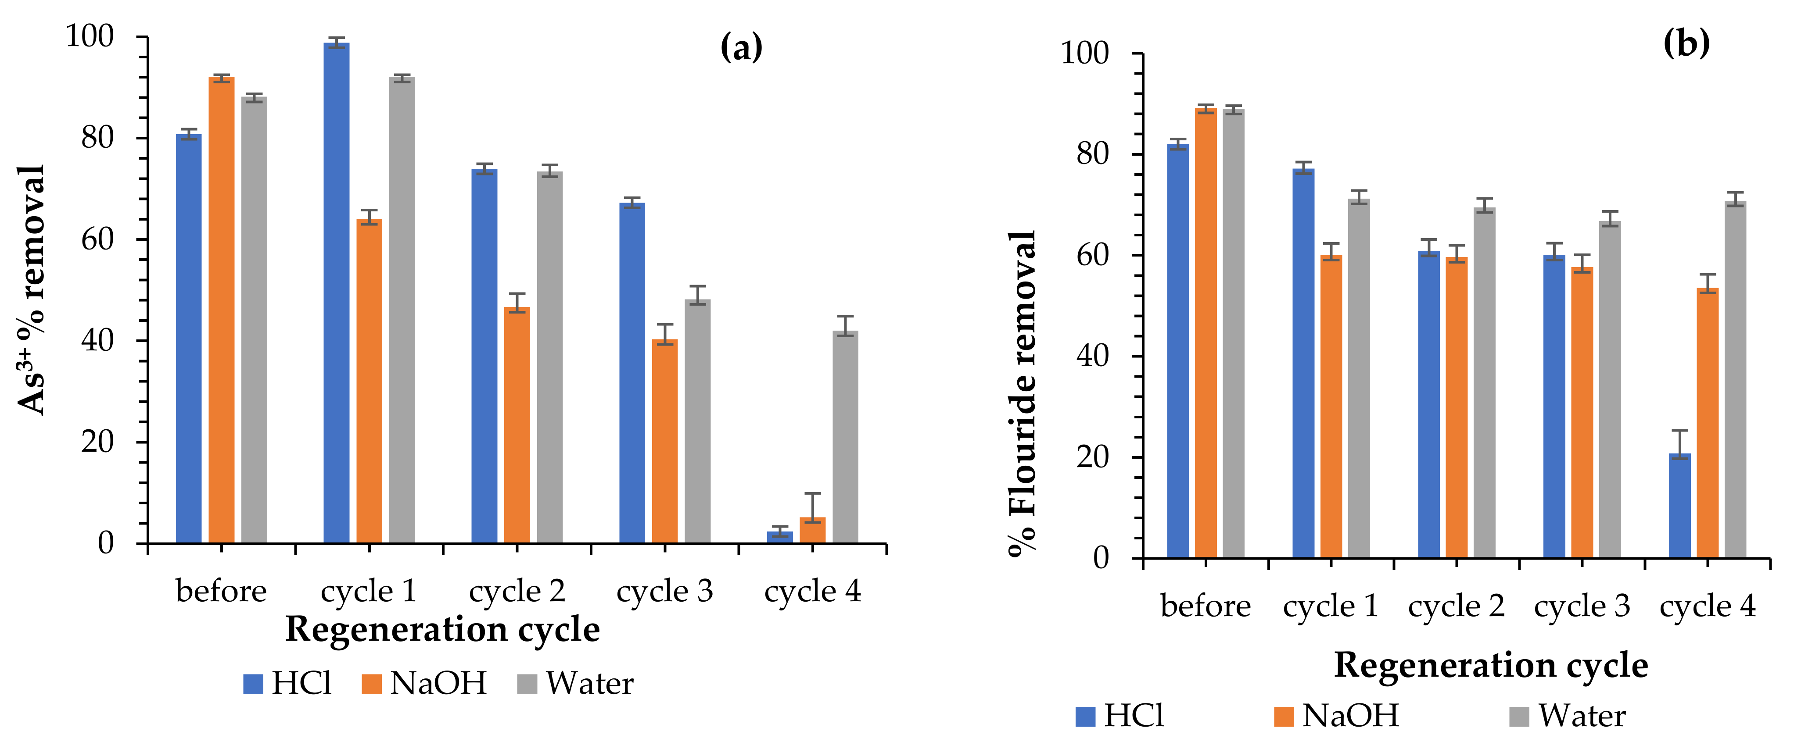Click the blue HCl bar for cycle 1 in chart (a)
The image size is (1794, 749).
click(x=336, y=292)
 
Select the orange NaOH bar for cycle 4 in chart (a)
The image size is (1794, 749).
click(x=812, y=531)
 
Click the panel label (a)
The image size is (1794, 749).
click(x=741, y=47)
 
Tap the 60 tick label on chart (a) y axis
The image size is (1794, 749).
click(x=97, y=239)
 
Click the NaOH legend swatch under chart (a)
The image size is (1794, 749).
click(x=372, y=684)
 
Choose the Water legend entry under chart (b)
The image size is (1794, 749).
click(x=1567, y=716)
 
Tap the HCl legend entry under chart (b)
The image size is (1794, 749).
click(x=1120, y=716)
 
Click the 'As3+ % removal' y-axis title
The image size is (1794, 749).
click(x=31, y=289)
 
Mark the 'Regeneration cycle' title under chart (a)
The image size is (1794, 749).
click(x=442, y=629)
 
